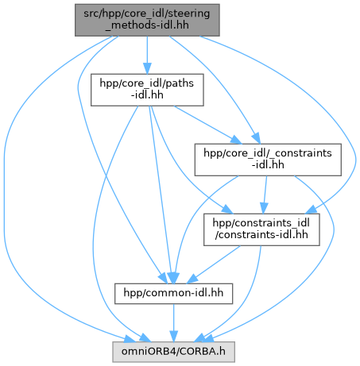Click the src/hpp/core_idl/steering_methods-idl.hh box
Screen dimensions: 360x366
(x=147, y=20)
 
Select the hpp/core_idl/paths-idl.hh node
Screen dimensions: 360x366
(x=147, y=90)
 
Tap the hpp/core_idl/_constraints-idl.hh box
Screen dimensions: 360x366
(x=268, y=160)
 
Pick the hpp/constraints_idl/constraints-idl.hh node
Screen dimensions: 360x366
(x=261, y=229)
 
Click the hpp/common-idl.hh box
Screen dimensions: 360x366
(x=173, y=294)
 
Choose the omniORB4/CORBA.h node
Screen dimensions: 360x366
(x=173, y=352)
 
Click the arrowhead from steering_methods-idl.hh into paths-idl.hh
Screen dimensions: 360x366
(x=147, y=68)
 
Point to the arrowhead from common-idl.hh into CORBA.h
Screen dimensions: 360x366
(x=173, y=336)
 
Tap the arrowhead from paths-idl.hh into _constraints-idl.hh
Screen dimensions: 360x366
(x=236, y=140)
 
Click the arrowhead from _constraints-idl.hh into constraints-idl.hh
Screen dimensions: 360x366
(x=264, y=208)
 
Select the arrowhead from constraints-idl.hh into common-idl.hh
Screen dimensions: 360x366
(x=192, y=279)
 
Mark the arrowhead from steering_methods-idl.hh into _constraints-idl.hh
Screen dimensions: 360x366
(x=257, y=138)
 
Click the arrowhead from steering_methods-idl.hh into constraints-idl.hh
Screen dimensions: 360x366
(x=312, y=210)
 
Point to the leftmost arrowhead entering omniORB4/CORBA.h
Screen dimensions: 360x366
(x=130, y=339)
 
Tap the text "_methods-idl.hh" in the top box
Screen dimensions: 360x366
(x=147, y=25)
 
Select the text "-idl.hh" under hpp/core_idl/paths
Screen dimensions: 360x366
(x=147, y=95)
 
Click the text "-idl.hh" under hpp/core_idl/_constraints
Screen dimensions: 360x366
(x=268, y=165)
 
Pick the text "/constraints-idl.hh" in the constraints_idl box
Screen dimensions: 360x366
(x=261, y=235)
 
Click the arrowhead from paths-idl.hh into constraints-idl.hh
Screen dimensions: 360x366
(x=227, y=210)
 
